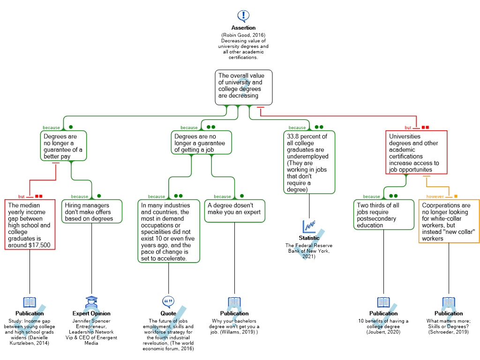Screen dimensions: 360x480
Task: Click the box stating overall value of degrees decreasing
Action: pos(243,87)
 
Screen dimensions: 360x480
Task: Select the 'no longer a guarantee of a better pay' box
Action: pos(63,146)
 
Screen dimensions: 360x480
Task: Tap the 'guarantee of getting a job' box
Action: pos(201,142)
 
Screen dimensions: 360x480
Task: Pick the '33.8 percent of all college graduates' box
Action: pos(309,162)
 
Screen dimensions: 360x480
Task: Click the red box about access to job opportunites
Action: pos(416,152)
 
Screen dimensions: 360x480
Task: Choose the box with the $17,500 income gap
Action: pos(30,225)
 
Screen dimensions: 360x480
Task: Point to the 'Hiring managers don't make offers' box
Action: pos(91,211)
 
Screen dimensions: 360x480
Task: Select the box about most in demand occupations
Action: pos(169,231)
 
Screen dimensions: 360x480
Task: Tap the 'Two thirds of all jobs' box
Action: pos(383,215)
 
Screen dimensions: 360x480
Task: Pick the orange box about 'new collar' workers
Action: pos(449,221)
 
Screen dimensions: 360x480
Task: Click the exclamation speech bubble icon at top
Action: pos(243,16)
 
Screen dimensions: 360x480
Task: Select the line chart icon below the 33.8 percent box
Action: pos(309,226)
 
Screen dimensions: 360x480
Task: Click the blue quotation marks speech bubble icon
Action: pos(168,301)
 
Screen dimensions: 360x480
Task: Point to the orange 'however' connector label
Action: pos(435,196)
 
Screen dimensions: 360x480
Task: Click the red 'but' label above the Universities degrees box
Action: pos(408,127)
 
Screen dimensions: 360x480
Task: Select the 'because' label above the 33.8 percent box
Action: pos(297,127)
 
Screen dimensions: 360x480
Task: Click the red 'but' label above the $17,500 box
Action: pos(22,196)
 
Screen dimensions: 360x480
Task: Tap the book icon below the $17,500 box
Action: pos(30,302)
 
